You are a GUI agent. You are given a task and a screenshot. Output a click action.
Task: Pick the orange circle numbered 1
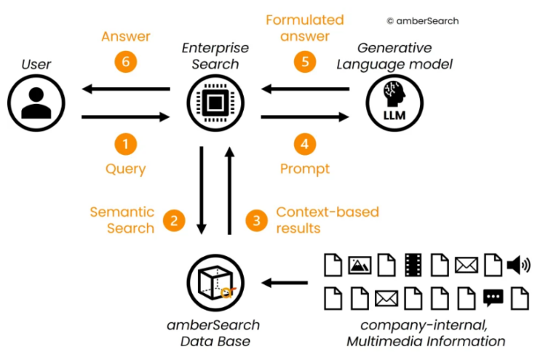tap(125, 144)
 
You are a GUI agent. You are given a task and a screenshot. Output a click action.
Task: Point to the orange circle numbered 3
tap(255, 220)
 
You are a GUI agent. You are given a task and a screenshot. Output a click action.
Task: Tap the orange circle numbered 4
tap(305, 144)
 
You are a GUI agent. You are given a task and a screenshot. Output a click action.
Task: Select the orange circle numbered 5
tap(305, 63)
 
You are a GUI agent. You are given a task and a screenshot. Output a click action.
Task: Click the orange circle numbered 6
tap(125, 63)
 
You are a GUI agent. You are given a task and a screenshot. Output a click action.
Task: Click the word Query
tap(125, 169)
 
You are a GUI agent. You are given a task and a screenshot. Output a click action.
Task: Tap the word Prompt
tap(305, 169)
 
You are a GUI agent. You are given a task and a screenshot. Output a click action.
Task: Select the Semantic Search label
tap(122, 220)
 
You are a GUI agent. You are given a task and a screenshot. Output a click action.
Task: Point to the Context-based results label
tap(327, 220)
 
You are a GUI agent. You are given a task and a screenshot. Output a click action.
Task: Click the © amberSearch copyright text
tap(422, 21)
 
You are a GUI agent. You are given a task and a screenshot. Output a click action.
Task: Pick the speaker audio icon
tap(518, 265)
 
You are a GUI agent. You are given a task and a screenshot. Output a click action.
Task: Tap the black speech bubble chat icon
tap(493, 297)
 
